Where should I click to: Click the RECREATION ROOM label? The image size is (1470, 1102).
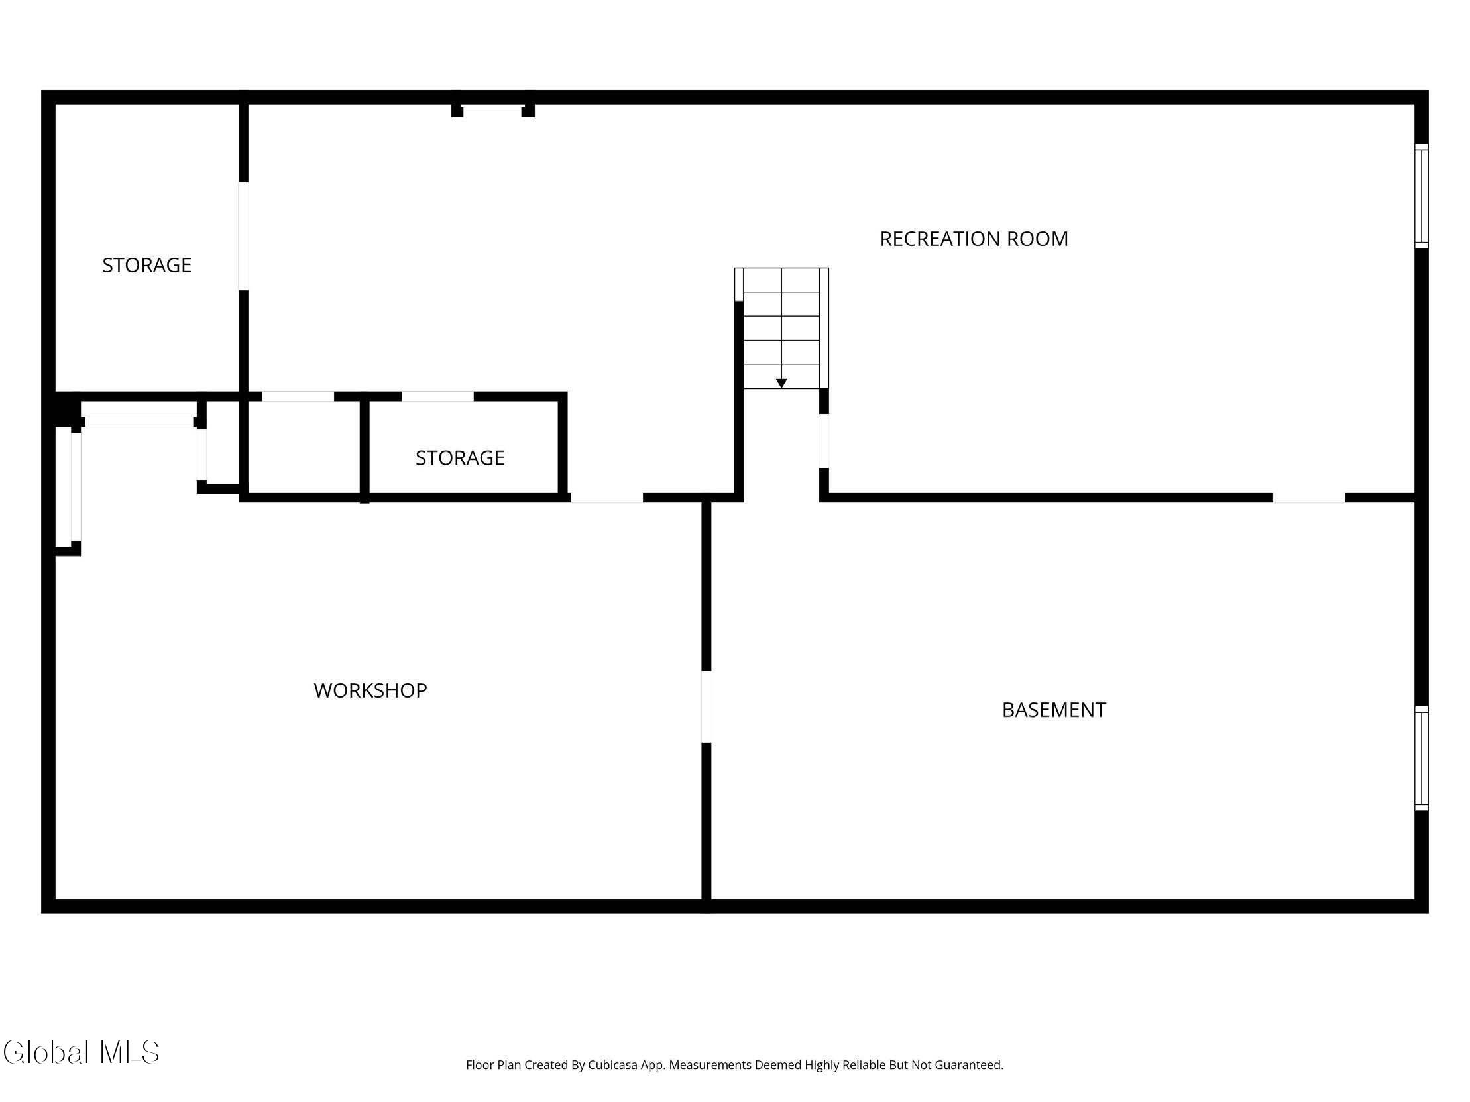click(x=974, y=239)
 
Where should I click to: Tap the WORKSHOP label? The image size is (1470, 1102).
click(x=370, y=690)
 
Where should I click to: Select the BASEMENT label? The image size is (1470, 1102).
click(x=1054, y=710)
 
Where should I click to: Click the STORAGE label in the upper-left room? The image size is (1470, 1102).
click(x=147, y=265)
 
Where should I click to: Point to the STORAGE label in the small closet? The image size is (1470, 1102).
click(x=460, y=458)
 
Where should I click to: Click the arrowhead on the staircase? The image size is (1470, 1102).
click(x=781, y=383)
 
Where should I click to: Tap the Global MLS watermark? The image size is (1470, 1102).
click(x=81, y=1052)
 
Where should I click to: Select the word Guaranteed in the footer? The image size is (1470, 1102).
click(x=970, y=1065)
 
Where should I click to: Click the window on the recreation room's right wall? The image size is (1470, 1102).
click(x=1421, y=196)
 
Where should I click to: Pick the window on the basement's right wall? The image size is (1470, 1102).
click(x=1421, y=759)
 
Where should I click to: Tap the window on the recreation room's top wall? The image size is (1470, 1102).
click(x=492, y=106)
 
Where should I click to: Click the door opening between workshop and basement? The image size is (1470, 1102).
click(x=707, y=707)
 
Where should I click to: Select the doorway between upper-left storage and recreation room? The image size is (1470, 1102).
click(x=243, y=236)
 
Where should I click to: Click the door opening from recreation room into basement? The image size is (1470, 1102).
click(x=1308, y=498)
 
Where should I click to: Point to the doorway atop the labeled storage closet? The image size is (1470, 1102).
click(x=437, y=396)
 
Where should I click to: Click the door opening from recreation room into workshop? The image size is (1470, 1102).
click(x=606, y=498)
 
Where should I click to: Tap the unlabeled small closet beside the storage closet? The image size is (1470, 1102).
click(x=304, y=447)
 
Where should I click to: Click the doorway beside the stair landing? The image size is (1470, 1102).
click(x=824, y=441)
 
